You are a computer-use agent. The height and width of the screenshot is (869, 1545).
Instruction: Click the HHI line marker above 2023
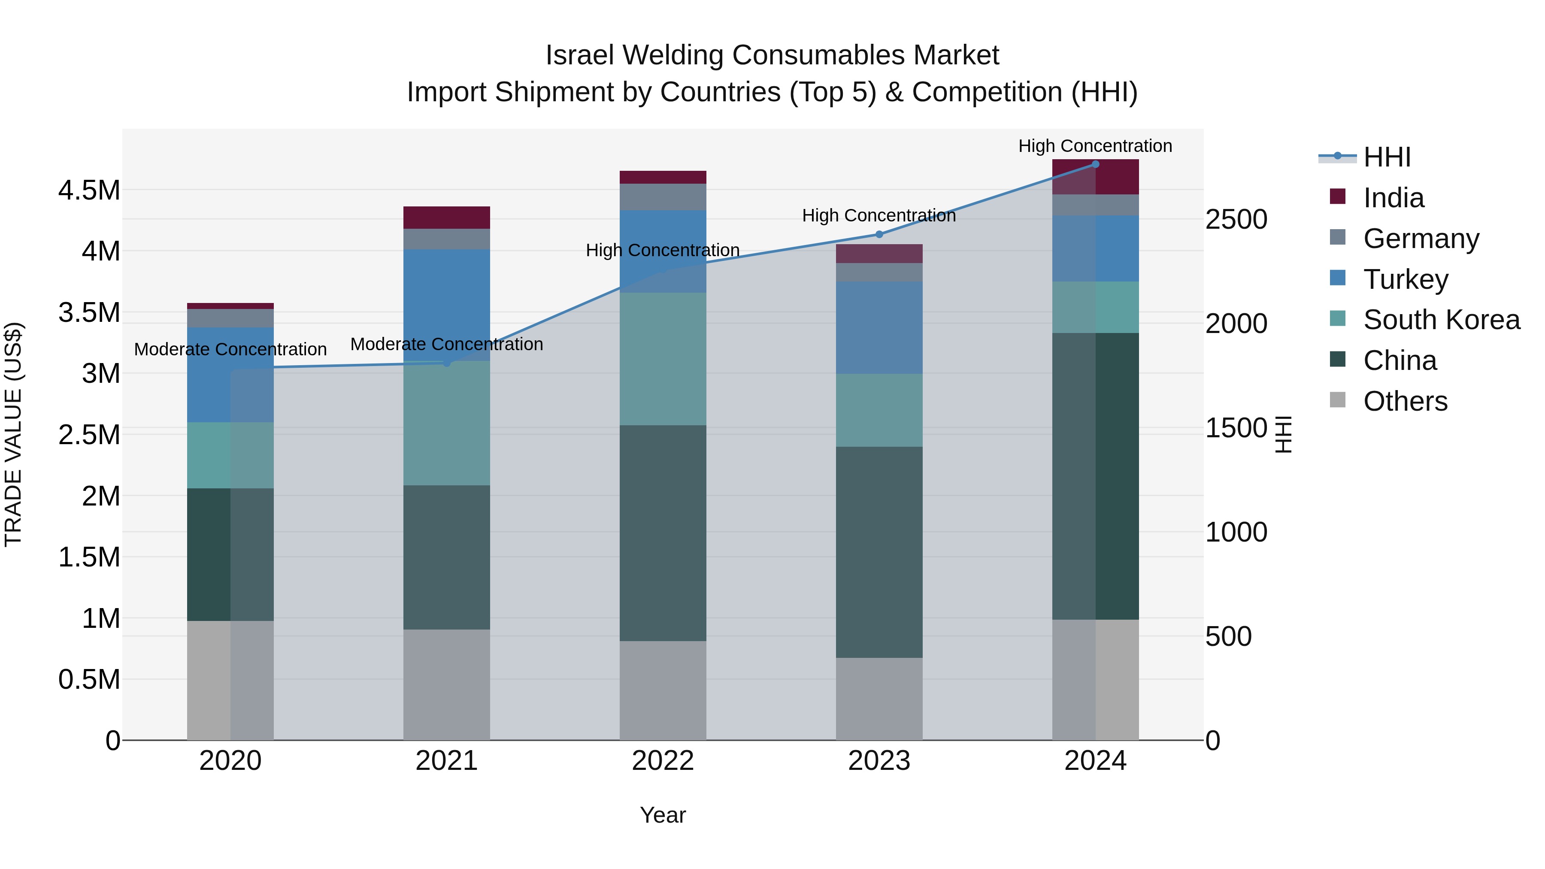[879, 234]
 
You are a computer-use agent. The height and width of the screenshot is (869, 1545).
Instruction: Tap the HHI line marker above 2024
[1095, 164]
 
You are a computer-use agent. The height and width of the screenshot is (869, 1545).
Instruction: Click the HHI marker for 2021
[447, 363]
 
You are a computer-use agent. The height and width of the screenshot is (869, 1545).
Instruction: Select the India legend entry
[1393, 198]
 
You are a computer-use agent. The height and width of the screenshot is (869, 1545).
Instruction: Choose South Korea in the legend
[1441, 320]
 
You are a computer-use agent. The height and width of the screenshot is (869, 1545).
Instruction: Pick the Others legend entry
[1405, 401]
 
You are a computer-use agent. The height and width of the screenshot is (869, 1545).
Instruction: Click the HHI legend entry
[1387, 157]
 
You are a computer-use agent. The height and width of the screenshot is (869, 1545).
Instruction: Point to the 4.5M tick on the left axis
[89, 191]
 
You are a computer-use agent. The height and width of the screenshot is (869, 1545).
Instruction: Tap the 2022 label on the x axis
[663, 761]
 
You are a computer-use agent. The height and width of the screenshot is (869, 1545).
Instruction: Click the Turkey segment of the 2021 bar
[447, 305]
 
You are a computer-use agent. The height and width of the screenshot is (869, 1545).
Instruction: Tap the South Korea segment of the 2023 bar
[879, 410]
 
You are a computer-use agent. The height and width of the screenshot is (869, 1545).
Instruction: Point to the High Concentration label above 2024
[1095, 146]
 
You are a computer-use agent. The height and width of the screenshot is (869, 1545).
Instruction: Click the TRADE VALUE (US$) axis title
[13, 434]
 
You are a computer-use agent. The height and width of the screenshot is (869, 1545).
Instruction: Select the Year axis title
[663, 815]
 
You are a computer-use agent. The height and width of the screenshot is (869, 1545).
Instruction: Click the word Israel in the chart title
[579, 55]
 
